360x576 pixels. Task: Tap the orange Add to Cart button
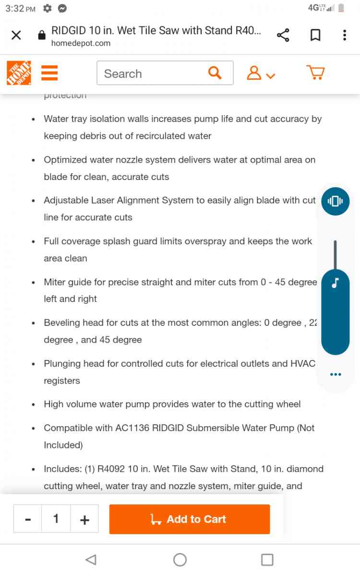click(190, 519)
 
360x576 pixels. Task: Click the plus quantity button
click(84, 519)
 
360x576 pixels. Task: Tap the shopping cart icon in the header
click(315, 73)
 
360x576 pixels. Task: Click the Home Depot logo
click(19, 73)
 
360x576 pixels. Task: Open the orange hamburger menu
click(49, 73)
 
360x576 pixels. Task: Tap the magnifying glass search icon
click(215, 73)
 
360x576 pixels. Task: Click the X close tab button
click(16, 35)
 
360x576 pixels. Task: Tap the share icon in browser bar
click(283, 35)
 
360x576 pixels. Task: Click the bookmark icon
click(315, 35)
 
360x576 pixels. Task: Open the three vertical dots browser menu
click(345, 35)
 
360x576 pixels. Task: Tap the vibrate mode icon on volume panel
click(335, 201)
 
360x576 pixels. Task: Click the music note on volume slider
click(335, 283)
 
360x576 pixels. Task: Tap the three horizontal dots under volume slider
click(335, 374)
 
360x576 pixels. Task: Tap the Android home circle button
click(180, 559)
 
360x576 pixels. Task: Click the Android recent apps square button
click(267, 559)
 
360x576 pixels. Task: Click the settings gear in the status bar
click(47, 9)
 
